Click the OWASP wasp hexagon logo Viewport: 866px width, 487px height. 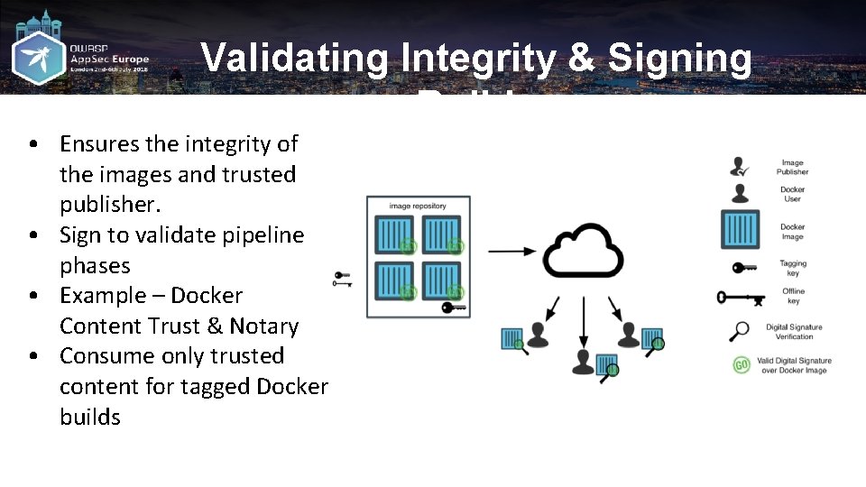[38, 58]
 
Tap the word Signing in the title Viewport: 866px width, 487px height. [679, 59]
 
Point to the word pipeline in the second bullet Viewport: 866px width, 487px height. [261, 234]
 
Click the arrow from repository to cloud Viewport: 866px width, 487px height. [509, 251]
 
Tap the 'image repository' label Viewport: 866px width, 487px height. [418, 207]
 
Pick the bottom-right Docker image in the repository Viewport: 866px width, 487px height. [442, 280]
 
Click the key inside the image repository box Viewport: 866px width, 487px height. [454, 308]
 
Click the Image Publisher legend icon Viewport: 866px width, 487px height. [740, 167]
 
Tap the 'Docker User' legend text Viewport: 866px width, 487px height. [792, 194]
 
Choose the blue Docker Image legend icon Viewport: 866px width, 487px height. [740, 229]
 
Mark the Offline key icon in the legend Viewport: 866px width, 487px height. [741, 298]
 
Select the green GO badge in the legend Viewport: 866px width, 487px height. [741, 365]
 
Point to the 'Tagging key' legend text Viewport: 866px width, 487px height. [793, 268]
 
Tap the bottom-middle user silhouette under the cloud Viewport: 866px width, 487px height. [583, 363]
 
